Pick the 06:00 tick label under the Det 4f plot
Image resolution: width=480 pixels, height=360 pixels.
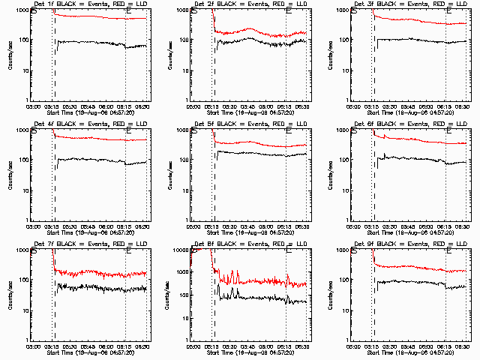point(109,225)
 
